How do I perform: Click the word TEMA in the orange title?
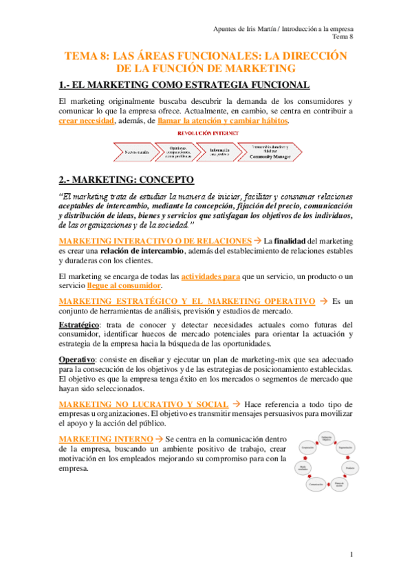[80, 56]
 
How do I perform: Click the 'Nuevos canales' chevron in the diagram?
[136, 150]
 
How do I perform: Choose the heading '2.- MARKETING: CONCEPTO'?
[127, 180]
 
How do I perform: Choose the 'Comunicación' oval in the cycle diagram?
[316, 485]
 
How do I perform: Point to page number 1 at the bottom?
[351, 554]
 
